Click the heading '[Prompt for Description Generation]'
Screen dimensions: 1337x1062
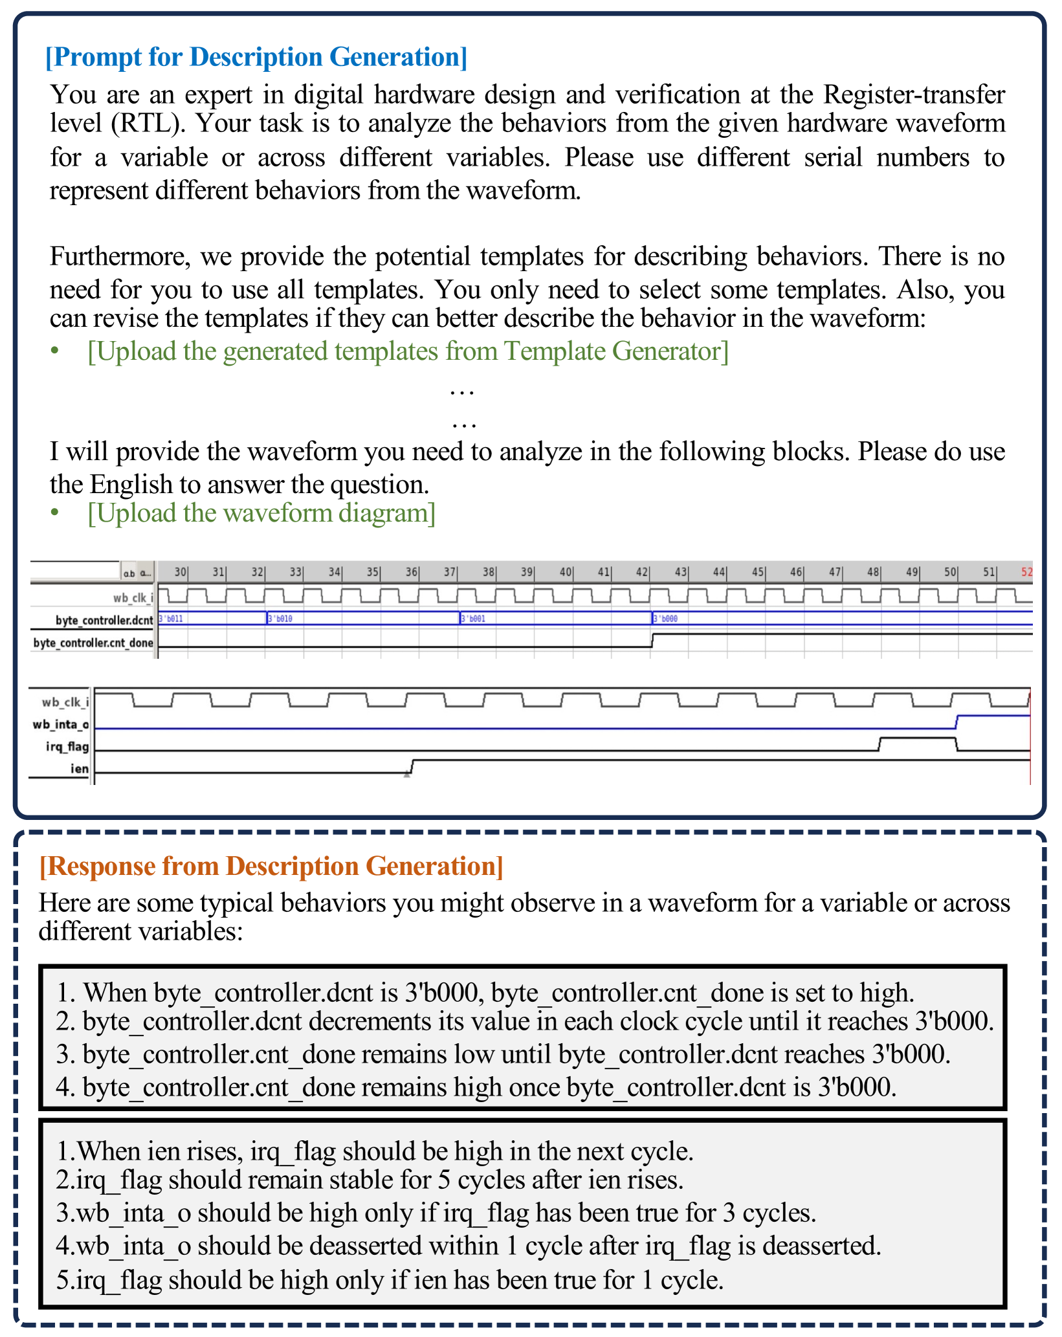[x=256, y=57]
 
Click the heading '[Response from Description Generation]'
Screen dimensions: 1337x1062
[x=271, y=866]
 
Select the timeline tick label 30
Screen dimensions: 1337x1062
[x=180, y=572]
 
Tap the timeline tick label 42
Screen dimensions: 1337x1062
[x=641, y=572]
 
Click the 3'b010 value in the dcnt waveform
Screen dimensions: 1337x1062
[x=280, y=619]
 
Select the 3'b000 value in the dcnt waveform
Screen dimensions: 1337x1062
[x=666, y=619]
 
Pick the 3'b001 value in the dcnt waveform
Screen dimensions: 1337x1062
[x=473, y=619]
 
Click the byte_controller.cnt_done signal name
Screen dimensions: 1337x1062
[x=93, y=643]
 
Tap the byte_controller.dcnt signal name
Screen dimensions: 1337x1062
[x=104, y=620]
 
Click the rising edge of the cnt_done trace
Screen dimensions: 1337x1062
[x=652, y=641]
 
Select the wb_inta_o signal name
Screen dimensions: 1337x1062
[x=61, y=724]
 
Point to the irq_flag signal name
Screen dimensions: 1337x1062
[x=67, y=746]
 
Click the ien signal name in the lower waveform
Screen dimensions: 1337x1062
[x=80, y=768]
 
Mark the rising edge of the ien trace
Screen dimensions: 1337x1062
[x=412, y=766]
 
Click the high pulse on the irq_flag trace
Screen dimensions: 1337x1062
[x=918, y=738]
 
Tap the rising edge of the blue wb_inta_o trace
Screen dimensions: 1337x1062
[x=957, y=722]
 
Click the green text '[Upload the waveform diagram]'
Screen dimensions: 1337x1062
[x=261, y=513]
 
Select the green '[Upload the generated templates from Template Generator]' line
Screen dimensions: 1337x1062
[x=408, y=351]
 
